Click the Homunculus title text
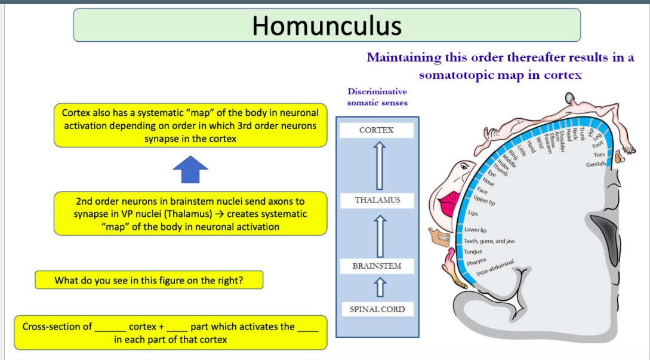[x=326, y=25]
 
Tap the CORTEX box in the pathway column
[x=377, y=130]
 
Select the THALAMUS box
[x=377, y=200]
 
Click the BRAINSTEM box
[x=377, y=266]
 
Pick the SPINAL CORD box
[x=377, y=309]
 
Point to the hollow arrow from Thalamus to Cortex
[x=377, y=165]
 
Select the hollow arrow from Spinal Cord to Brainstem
[x=377, y=288]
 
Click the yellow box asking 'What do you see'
[x=149, y=280]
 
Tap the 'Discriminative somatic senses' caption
[x=377, y=97]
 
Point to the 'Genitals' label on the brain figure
[x=596, y=164]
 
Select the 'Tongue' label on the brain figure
[x=473, y=251]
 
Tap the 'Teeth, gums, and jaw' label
[x=489, y=241]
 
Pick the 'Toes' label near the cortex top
[x=599, y=155]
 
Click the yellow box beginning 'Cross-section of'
[x=171, y=333]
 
